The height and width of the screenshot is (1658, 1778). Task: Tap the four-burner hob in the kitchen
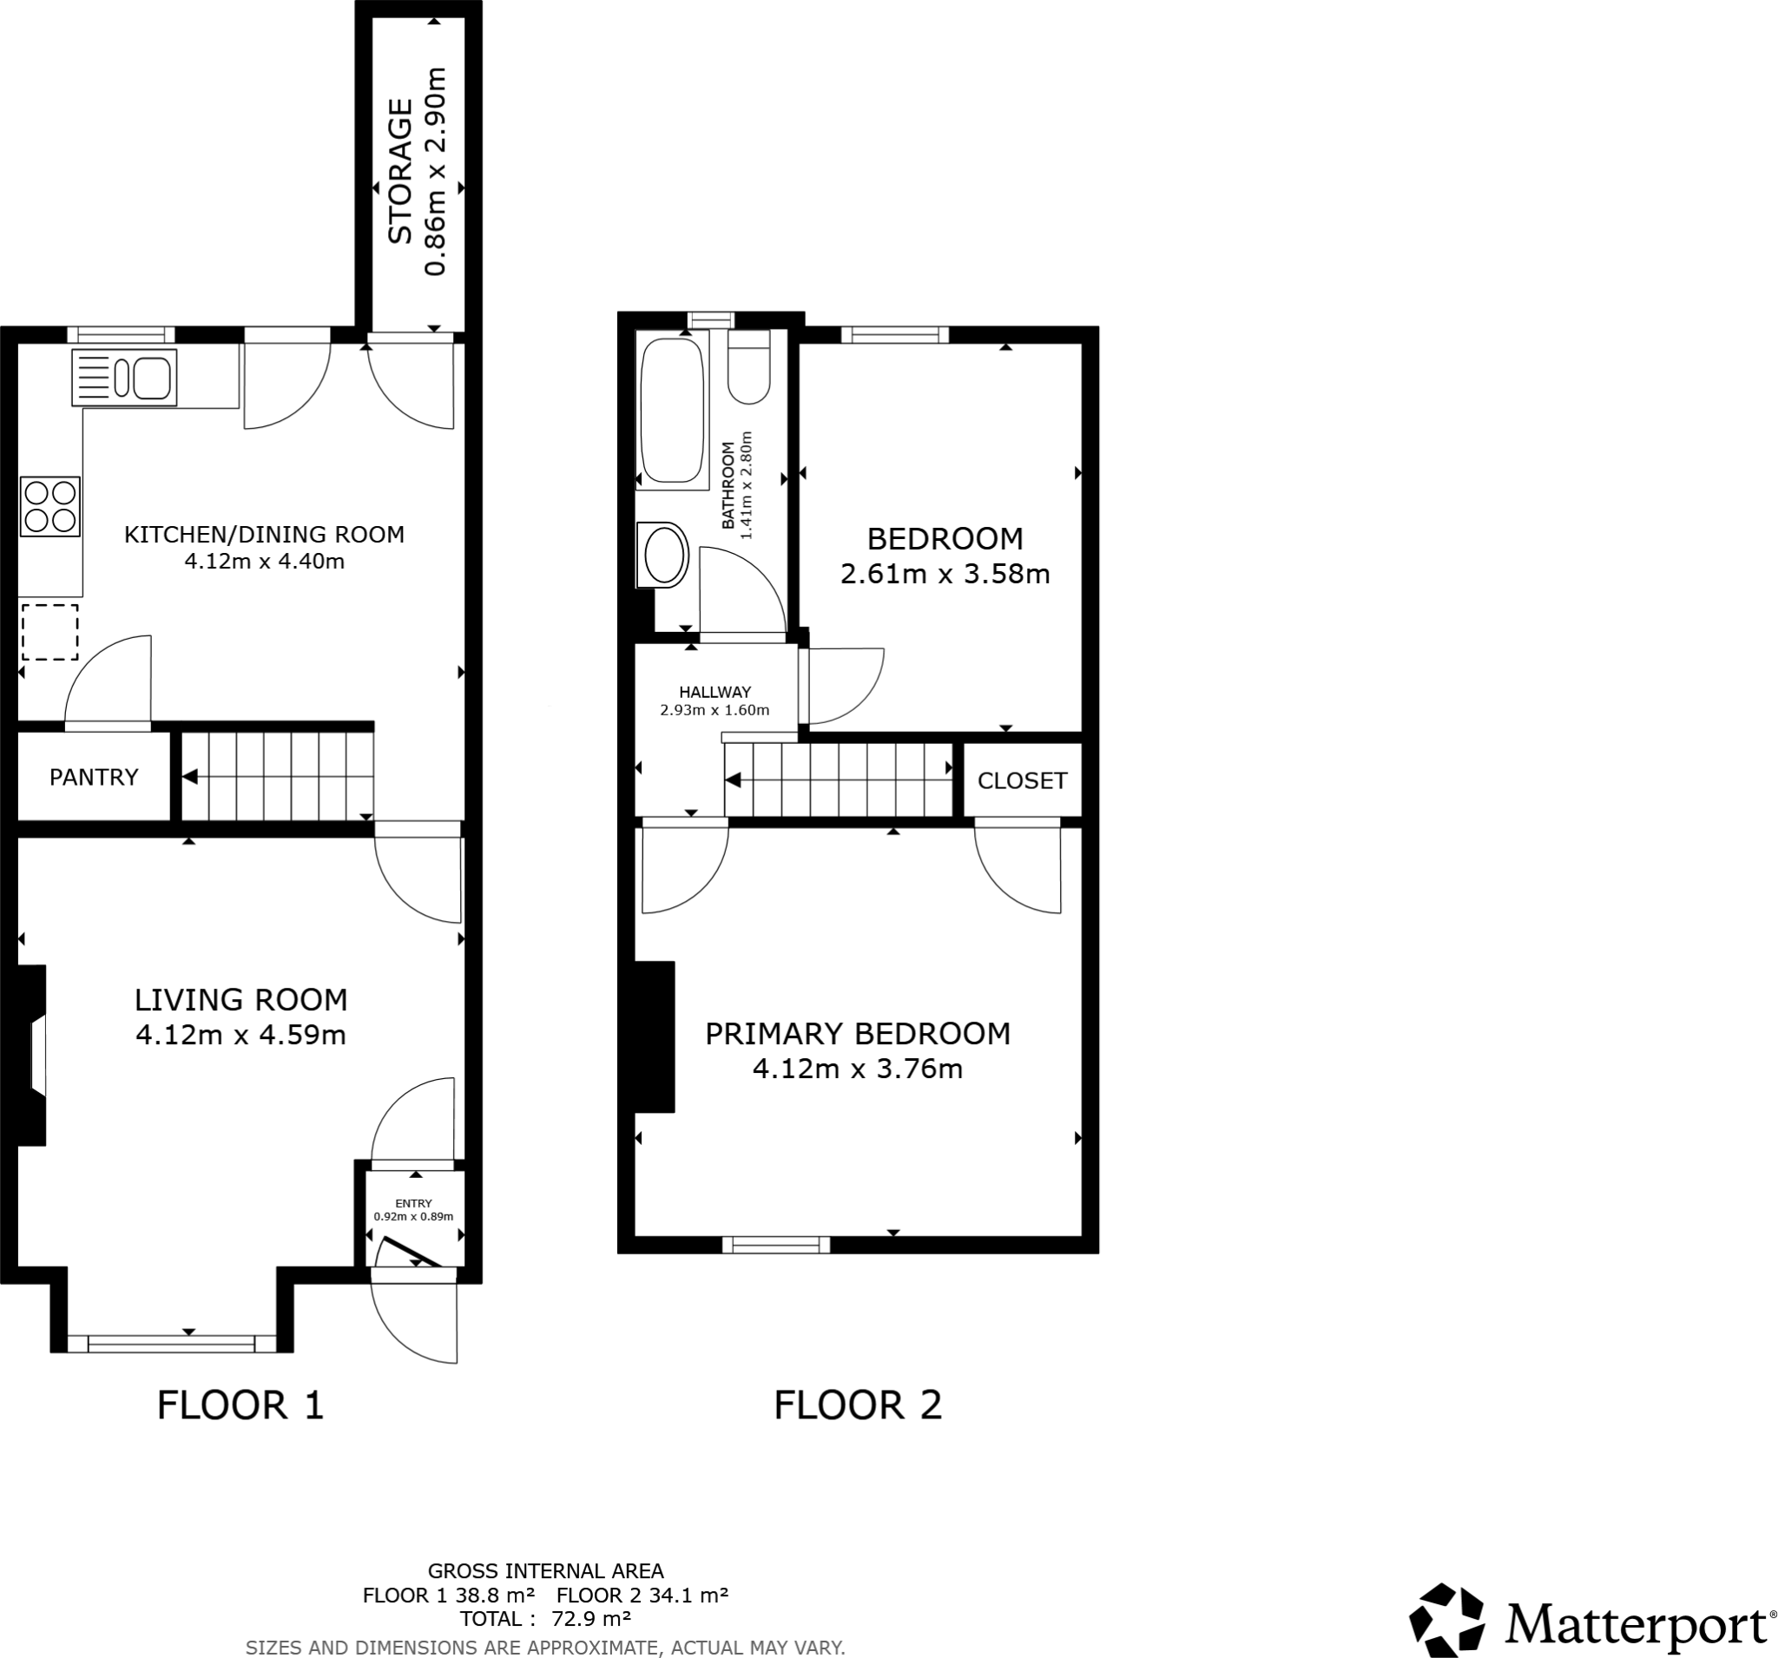point(51,507)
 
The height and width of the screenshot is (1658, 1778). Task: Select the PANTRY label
point(94,777)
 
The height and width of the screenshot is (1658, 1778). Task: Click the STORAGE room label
point(399,172)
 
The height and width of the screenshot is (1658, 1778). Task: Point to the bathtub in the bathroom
point(671,410)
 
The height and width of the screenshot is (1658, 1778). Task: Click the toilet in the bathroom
point(748,369)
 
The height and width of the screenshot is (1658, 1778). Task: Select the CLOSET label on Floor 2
point(1022,780)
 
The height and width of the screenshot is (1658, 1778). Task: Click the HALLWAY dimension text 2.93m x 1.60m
point(714,711)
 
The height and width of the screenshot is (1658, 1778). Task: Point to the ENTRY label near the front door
point(413,1203)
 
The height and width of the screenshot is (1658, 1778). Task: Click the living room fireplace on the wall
point(32,1056)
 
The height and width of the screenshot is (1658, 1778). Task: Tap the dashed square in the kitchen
point(50,632)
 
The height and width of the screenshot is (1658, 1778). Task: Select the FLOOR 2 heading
point(858,1405)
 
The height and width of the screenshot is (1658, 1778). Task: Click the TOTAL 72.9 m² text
point(545,1619)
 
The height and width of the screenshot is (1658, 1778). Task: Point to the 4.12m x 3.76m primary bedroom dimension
point(858,1069)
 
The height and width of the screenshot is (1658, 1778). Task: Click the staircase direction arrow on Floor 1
point(190,777)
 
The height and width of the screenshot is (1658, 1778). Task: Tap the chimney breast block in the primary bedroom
point(654,1037)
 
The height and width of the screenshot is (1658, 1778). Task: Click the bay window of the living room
point(172,1342)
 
